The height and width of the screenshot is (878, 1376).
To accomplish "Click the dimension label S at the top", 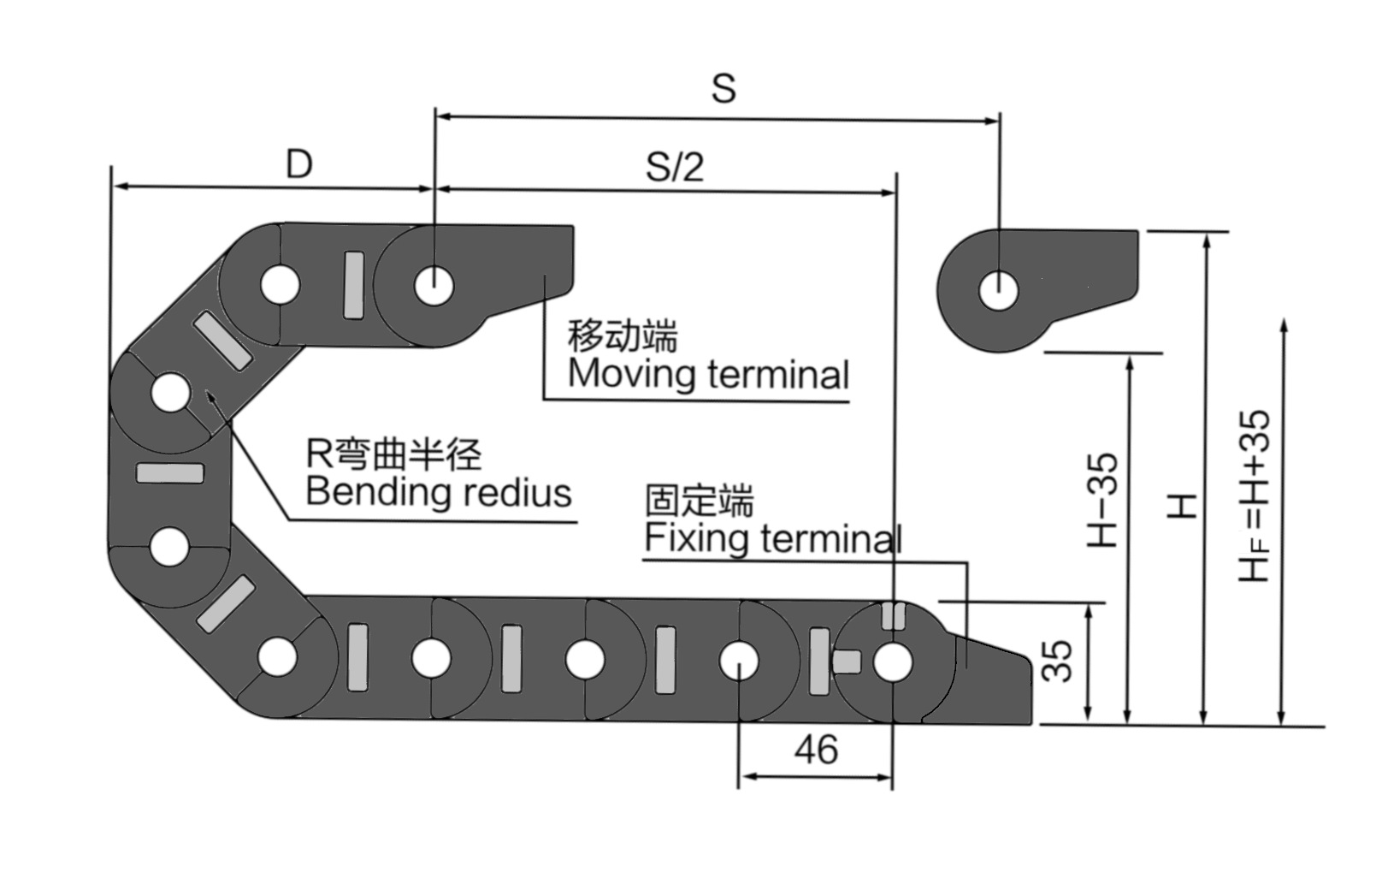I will [723, 88].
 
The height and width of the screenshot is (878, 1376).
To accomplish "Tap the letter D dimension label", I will [299, 163].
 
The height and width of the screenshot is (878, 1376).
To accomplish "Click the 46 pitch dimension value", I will [816, 750].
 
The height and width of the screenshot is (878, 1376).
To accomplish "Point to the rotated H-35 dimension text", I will [1102, 500].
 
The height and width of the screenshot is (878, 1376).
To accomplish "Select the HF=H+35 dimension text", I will [1255, 496].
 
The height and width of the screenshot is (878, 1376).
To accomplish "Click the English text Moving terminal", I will [708, 375].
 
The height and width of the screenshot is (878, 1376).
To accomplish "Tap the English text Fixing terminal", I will [772, 538].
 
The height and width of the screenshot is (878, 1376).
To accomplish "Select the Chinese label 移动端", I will [623, 335].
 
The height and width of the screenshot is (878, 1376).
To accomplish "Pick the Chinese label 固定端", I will [700, 501].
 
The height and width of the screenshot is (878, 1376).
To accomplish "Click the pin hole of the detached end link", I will [998, 291].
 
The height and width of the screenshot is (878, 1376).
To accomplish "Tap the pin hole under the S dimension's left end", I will [434, 284].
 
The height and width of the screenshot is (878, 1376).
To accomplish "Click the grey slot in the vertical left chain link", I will [170, 473].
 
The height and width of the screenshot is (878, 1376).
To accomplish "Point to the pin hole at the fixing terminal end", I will [892, 662].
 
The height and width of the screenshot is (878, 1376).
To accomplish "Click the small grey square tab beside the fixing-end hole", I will [847, 661].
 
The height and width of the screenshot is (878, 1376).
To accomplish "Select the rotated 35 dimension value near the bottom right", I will [1059, 661].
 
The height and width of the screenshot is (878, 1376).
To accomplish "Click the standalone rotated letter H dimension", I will [1182, 505].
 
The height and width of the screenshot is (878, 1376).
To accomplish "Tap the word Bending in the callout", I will [378, 493].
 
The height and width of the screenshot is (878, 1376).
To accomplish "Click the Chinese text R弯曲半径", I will [393, 454].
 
